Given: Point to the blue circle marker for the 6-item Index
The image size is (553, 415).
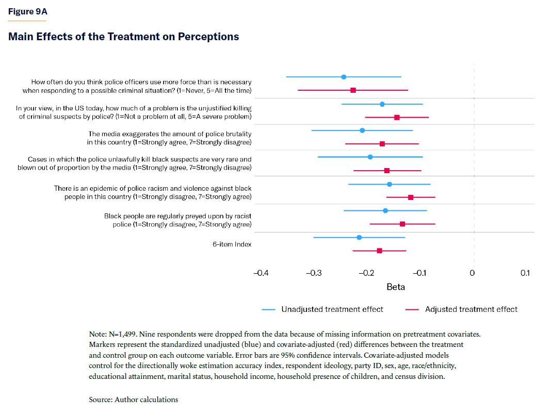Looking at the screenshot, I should tap(359, 237).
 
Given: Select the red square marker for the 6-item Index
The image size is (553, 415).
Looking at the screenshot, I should tap(380, 251).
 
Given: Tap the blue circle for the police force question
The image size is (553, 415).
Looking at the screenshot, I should tap(344, 77).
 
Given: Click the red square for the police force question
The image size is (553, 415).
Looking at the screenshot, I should tap(353, 90).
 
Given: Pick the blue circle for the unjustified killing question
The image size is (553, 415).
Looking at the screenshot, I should tap(382, 104).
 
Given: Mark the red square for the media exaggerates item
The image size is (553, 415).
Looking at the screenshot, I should tap(382, 144).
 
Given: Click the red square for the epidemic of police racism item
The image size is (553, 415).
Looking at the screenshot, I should tap(411, 197).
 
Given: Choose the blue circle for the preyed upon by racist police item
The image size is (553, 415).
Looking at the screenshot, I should tap(385, 210).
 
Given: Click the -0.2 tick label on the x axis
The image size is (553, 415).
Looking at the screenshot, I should tap(366, 273).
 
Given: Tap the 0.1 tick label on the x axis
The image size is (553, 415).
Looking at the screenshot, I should tap(525, 273).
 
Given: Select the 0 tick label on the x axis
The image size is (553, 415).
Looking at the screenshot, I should tap(473, 273).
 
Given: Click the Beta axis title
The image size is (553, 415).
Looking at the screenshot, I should tap(396, 287).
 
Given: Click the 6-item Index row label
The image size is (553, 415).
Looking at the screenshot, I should tap(232, 244).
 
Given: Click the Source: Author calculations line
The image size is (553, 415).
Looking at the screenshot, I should tap(133, 400).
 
